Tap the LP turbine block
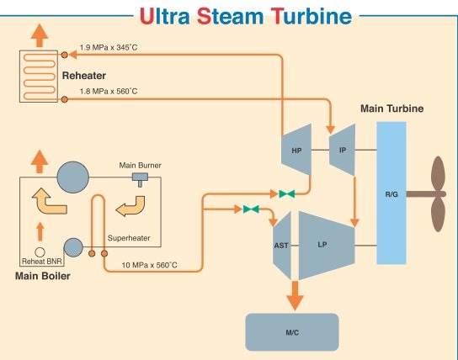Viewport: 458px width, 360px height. (323, 245)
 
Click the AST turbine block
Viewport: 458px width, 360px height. (283, 245)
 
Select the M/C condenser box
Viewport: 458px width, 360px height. (291, 332)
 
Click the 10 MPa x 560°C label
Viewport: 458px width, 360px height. (149, 266)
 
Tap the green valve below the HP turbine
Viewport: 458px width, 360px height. (288, 193)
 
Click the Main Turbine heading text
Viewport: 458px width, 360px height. (391, 109)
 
